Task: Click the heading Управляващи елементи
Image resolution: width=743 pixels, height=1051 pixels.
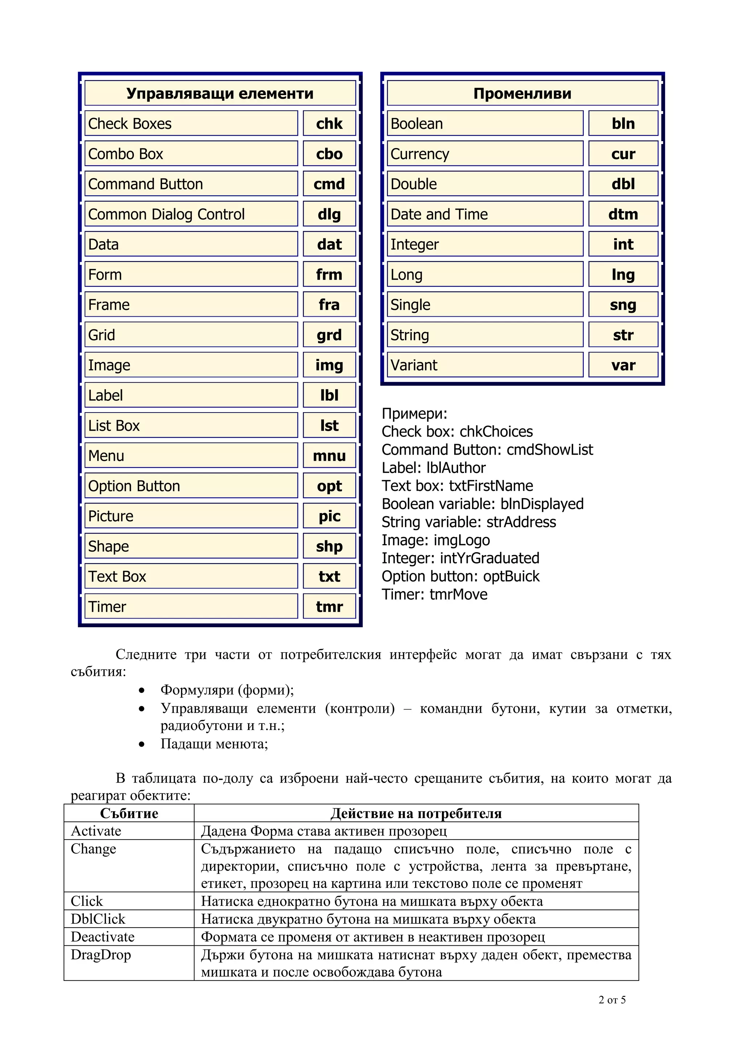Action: coord(220,93)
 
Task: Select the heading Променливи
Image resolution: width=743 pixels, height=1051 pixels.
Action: coord(522,93)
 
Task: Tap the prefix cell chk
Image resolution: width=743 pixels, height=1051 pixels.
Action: coord(329,124)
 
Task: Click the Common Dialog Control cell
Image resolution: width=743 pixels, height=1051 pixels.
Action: coord(191,214)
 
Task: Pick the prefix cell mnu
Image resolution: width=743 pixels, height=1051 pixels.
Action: coord(329,456)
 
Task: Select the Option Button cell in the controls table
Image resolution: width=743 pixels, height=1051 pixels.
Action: coord(191,486)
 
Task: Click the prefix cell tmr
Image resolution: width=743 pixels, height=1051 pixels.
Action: coord(329,607)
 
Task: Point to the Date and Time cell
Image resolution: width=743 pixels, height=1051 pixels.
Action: coord(485,214)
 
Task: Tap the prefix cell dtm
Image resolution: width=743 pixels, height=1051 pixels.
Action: coord(623,214)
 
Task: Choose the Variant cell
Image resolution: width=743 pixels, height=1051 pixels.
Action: coord(485,365)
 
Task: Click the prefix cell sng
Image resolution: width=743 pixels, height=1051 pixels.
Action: coord(623,305)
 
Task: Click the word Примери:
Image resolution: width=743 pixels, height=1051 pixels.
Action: coord(414,414)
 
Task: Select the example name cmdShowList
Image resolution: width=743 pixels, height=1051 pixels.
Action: coord(549,450)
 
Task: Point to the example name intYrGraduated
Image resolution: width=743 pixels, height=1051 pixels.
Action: coord(489,558)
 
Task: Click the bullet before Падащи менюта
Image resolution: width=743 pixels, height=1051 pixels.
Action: coord(142,744)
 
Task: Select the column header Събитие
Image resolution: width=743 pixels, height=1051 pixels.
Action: coord(129,813)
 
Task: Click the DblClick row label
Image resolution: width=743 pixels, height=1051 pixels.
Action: coord(98,919)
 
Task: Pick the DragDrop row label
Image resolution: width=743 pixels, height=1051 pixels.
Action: coord(101,955)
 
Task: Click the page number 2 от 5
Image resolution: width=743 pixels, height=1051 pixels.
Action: coord(612,1000)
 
